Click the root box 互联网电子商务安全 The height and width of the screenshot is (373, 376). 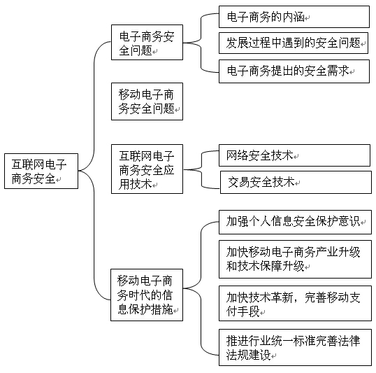(41, 171)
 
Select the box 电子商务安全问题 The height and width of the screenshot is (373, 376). (147, 42)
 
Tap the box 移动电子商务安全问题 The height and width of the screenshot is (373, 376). (147, 101)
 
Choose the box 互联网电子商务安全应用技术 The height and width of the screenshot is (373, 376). (147, 169)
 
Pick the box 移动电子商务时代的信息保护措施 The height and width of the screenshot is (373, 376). (147, 295)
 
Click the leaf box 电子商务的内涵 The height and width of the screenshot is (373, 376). (294, 17)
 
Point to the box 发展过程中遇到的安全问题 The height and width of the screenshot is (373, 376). (294, 43)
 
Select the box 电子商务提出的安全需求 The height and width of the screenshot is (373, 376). (294, 71)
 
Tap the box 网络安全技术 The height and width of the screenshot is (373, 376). (294, 155)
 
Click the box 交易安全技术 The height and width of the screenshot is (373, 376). (296, 182)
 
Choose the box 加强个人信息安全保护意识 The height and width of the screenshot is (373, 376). (295, 222)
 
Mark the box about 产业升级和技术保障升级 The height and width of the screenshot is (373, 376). (295, 259)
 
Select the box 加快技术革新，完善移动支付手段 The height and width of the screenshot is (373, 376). (295, 303)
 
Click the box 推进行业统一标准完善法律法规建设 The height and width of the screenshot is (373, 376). (295, 347)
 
